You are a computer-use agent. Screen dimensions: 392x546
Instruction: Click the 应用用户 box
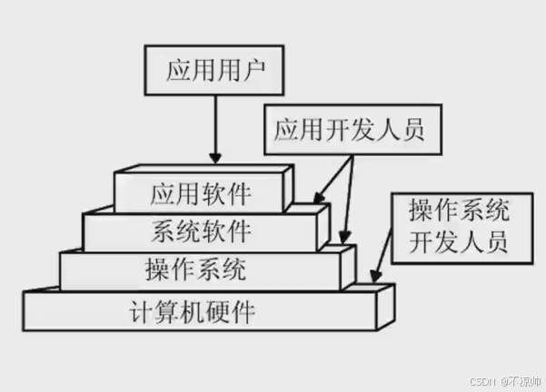coord(213,69)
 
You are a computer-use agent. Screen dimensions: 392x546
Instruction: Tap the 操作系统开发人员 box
coord(458,227)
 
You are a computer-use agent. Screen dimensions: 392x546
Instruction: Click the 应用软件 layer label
coord(201,192)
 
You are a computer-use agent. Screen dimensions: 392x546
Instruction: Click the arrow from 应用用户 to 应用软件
coord(214,127)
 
